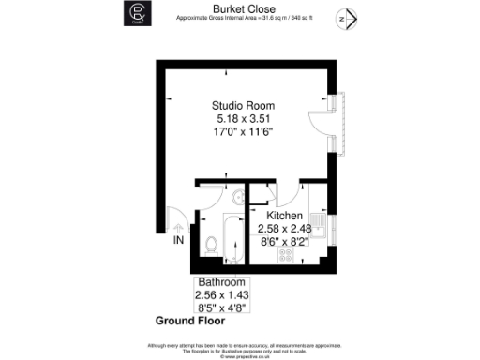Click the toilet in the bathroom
[212, 247]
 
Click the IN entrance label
[178, 241]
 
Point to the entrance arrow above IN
[178, 227]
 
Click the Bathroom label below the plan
[220, 283]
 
